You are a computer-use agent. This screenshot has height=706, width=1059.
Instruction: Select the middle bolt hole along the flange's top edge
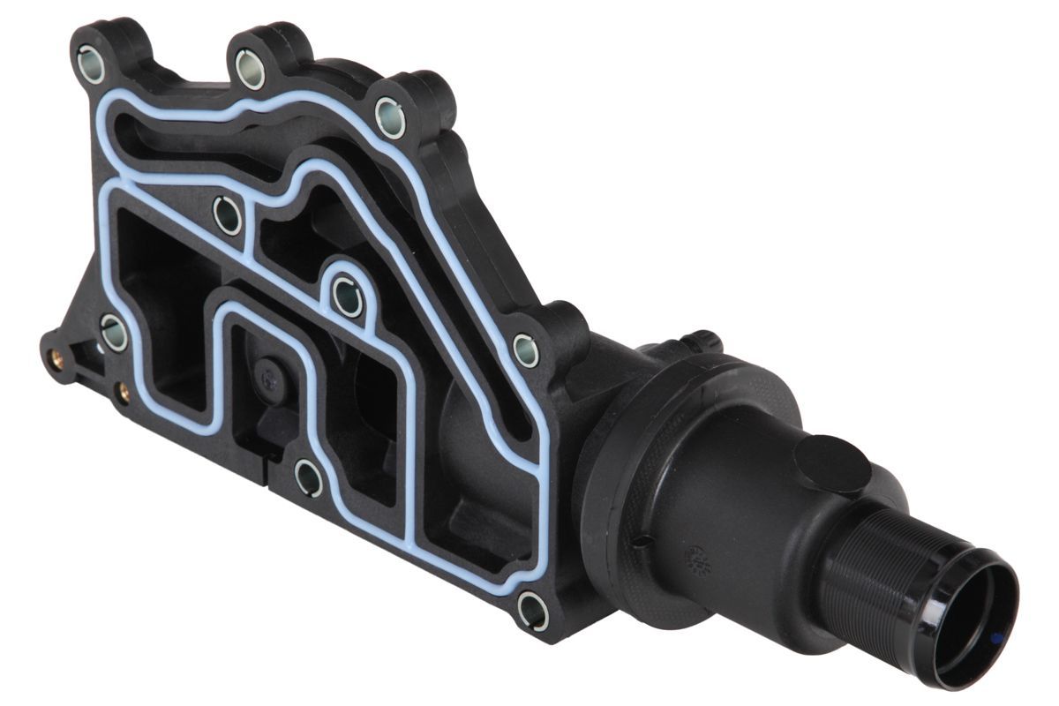pos(251,70)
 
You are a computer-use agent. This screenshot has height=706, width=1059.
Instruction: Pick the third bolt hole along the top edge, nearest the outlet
pos(390,116)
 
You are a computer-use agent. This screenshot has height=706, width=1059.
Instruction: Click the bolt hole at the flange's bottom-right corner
pos(532,610)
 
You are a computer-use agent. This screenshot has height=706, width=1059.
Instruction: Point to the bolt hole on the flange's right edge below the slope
pos(526,350)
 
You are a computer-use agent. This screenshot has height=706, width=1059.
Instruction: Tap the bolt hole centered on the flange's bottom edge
pos(308,477)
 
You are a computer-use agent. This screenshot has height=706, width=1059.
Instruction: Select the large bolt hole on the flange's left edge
pos(114,332)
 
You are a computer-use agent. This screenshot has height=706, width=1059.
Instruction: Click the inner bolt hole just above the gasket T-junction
pos(228,215)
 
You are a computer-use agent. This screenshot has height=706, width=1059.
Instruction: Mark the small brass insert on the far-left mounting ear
pos(57,358)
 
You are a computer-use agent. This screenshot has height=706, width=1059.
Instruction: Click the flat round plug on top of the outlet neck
pos(832,463)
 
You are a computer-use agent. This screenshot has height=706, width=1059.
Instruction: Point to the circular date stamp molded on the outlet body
pos(696,559)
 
